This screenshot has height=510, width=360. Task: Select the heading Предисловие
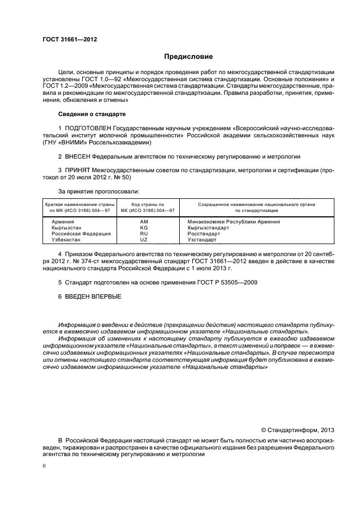tap(188, 57)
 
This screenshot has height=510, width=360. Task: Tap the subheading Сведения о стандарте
tap(91, 114)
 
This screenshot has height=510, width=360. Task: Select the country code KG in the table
tap(144, 228)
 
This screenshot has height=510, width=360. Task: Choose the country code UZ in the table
tap(144, 240)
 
